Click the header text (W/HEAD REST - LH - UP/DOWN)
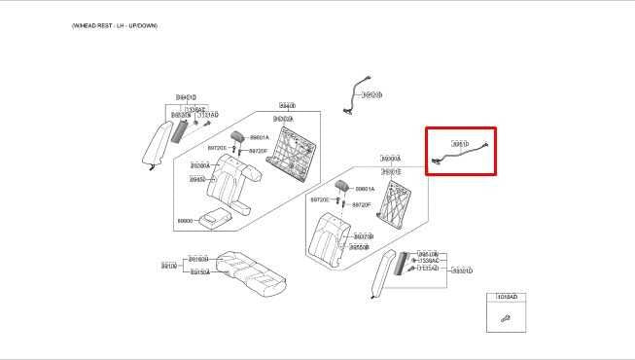tap(115, 25)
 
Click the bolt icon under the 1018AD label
tap(506, 318)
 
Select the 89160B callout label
tap(198, 259)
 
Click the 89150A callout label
tap(199, 272)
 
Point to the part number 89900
tap(185, 221)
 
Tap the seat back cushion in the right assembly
tap(330, 239)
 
